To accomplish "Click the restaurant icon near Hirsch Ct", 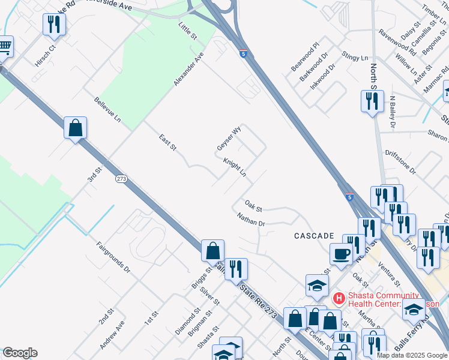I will (x=55, y=25).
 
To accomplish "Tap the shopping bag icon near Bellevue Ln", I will (x=76, y=128).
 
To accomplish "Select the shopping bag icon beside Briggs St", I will (x=213, y=251).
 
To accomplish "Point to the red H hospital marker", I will (x=339, y=298).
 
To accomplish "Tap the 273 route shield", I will (x=122, y=179).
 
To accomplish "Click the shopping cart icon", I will (x=4, y=46).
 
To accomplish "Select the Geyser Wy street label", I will (x=229, y=139).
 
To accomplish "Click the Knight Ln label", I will (x=235, y=167).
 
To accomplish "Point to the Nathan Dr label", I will (x=251, y=219).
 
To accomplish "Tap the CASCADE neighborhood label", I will (x=313, y=236).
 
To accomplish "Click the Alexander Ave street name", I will (x=189, y=68).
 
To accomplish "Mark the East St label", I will (x=167, y=143).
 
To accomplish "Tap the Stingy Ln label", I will (x=355, y=56).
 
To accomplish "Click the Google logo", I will (x=20, y=353).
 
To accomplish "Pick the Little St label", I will (x=188, y=31).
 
